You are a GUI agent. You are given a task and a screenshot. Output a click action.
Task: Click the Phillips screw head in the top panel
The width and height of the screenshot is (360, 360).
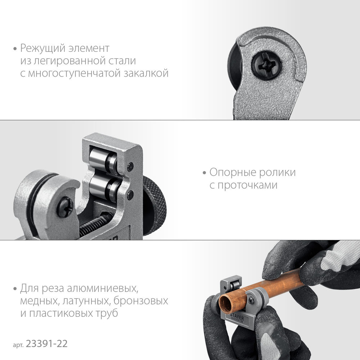click(266, 64)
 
